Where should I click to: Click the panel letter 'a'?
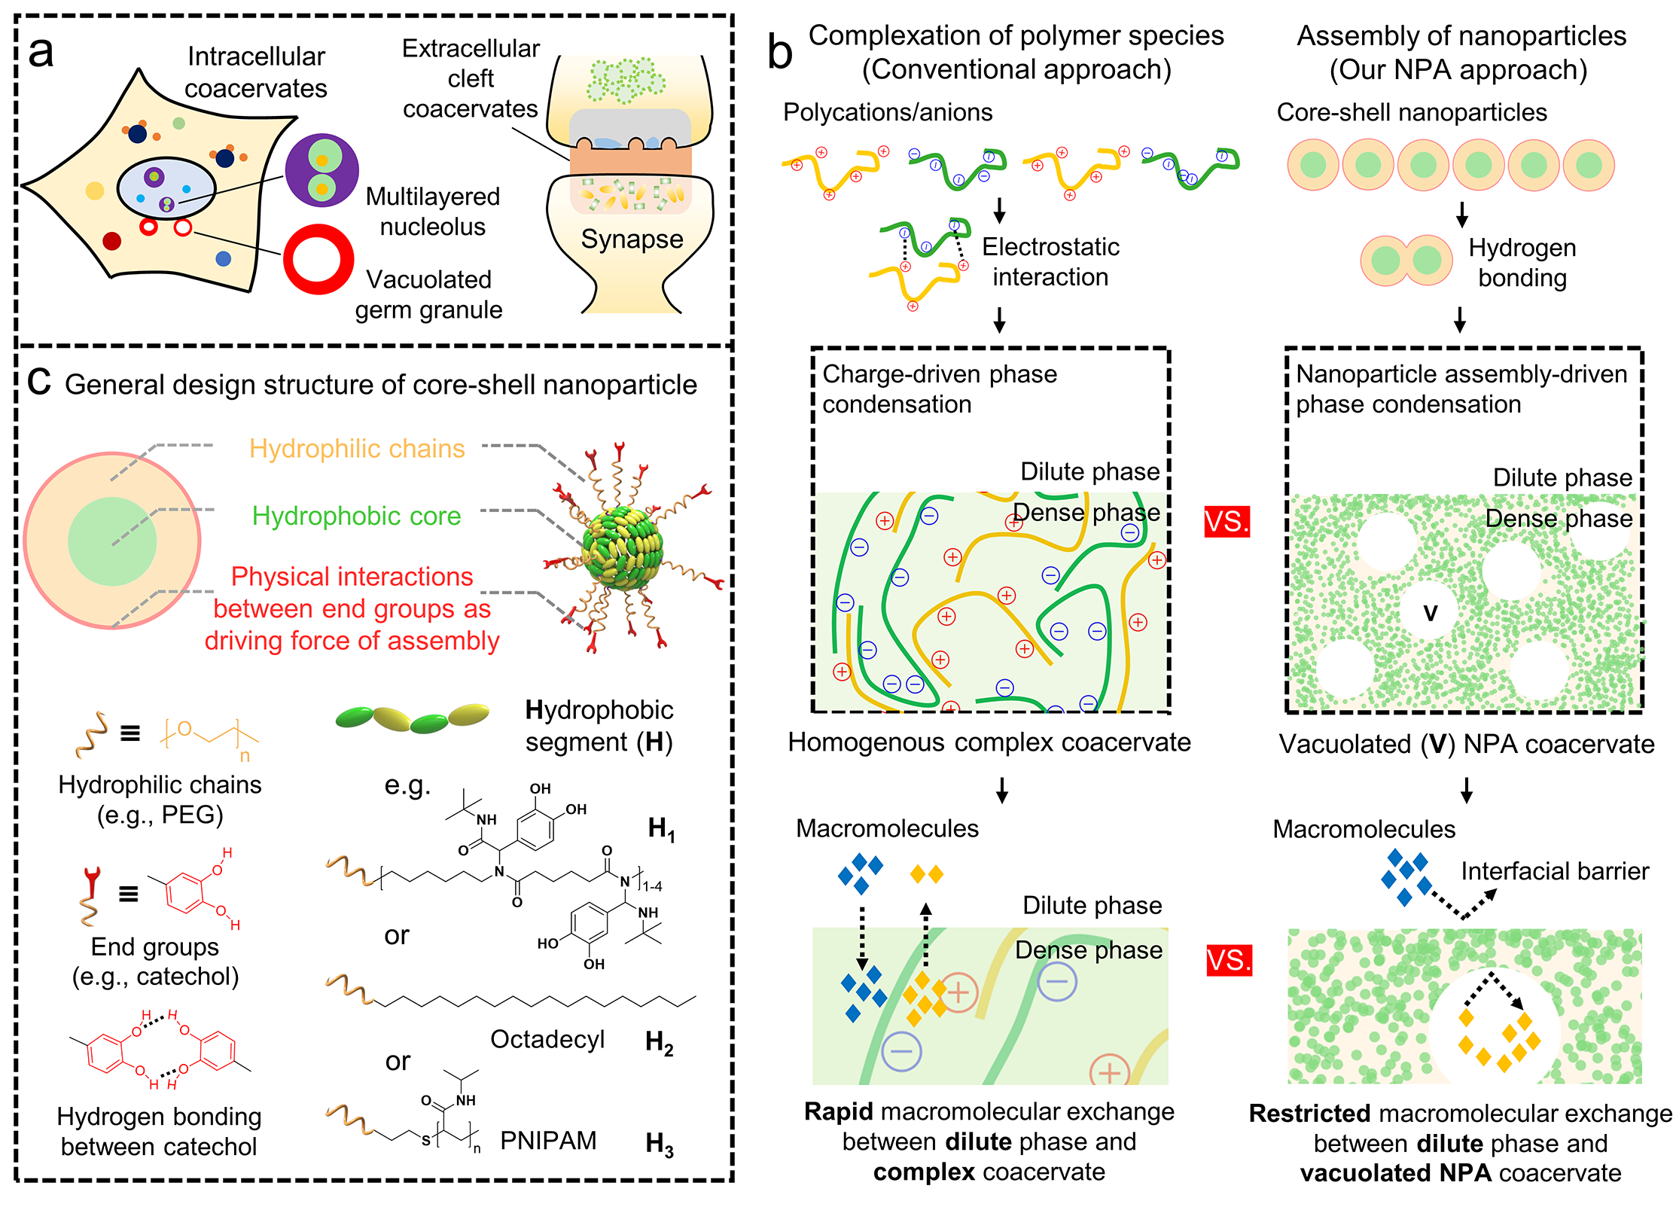41,53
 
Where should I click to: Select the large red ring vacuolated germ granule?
318,259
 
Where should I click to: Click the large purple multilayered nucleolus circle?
321,171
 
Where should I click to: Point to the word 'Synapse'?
632,239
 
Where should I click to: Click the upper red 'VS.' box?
1227,521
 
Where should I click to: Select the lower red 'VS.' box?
1229,961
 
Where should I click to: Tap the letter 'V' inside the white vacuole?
1431,613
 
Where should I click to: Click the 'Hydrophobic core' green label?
356,516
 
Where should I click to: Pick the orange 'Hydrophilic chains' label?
357,449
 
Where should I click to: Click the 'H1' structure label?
661,830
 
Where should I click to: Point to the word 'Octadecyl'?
547,1039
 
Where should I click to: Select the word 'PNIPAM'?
548,1141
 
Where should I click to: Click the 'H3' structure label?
660,1145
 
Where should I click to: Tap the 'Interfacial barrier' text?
1555,871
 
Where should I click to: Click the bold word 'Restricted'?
1309,1114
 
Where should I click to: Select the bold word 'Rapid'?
838,1111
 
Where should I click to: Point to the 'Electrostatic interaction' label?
1050,262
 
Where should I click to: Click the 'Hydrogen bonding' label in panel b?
1522,263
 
